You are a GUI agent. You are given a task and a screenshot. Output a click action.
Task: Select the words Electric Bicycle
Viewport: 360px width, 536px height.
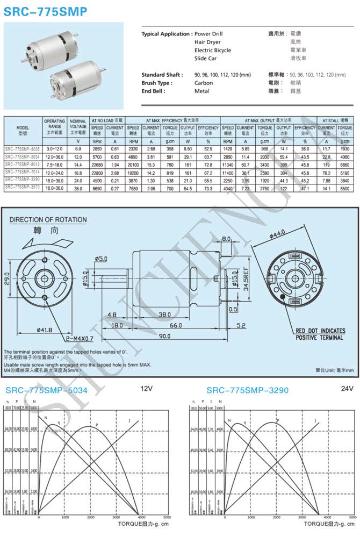[x=213, y=50]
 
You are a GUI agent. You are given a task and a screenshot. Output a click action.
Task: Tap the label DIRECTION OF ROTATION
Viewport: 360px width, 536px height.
[x=48, y=219]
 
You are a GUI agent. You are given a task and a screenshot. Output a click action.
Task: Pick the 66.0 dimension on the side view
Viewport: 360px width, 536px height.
[x=175, y=326]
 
